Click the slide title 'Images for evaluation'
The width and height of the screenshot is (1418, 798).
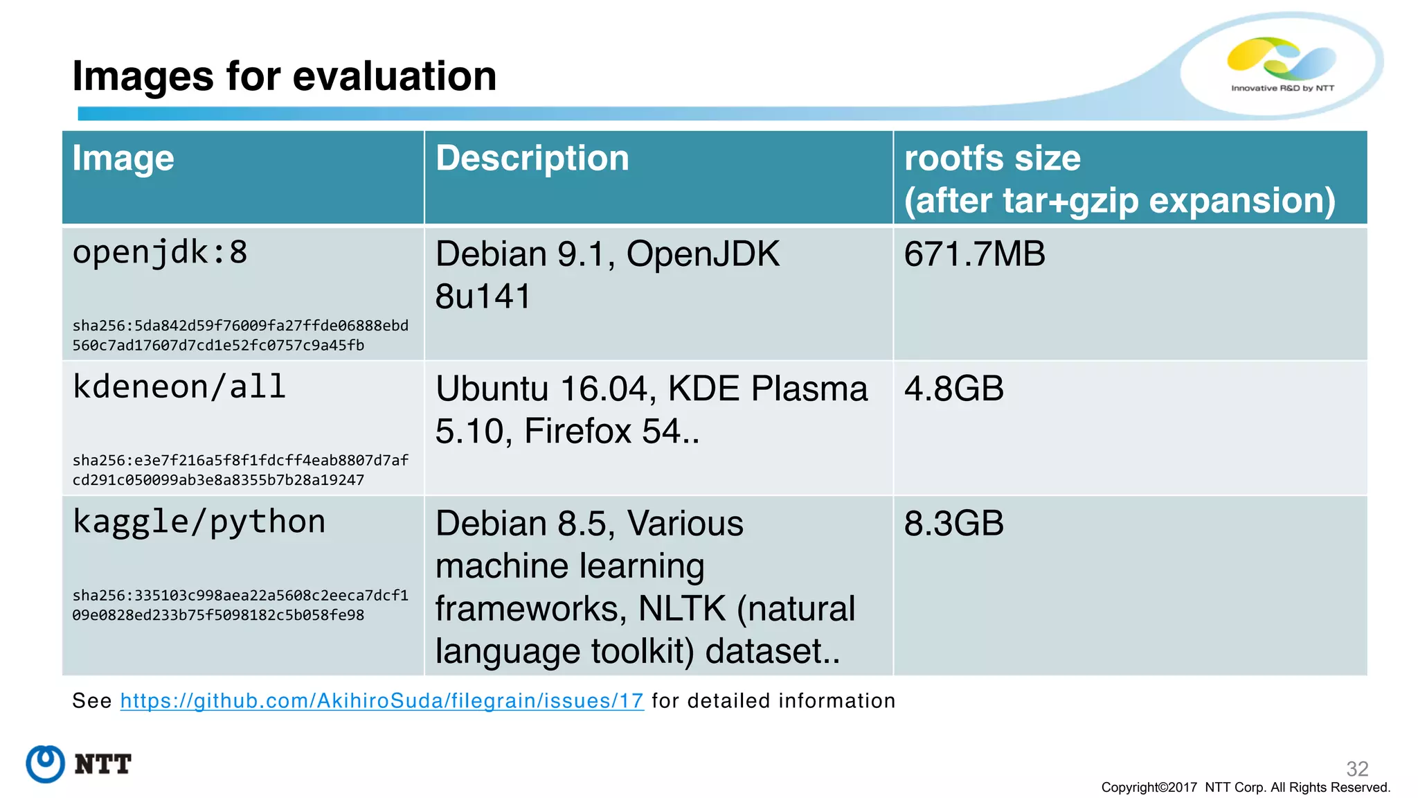click(284, 76)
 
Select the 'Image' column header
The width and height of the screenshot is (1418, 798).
click(123, 159)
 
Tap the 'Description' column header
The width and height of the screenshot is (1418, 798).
click(532, 159)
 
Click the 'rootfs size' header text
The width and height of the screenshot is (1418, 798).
click(991, 159)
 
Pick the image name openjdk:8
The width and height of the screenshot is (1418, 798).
click(160, 253)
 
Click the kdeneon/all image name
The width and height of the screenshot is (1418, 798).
click(179, 387)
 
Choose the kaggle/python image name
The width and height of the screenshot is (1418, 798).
click(199, 522)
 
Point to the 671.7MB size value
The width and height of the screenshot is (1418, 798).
click(974, 254)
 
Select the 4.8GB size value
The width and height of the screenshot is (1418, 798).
click(953, 389)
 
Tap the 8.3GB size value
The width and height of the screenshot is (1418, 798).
click(953, 524)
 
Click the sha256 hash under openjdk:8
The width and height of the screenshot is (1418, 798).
click(240, 335)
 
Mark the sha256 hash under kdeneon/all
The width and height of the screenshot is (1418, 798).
click(240, 470)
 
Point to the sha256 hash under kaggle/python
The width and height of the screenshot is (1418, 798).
click(240, 605)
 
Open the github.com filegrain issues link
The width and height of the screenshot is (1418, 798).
click(382, 701)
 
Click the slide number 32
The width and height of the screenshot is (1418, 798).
click(1356, 768)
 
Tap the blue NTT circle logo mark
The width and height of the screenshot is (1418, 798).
click(46, 764)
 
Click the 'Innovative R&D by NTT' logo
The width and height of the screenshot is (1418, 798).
click(1282, 66)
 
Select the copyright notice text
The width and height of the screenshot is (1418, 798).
click(1245, 788)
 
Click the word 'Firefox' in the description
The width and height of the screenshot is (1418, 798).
click(578, 432)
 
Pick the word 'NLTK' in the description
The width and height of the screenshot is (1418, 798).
click(681, 609)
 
